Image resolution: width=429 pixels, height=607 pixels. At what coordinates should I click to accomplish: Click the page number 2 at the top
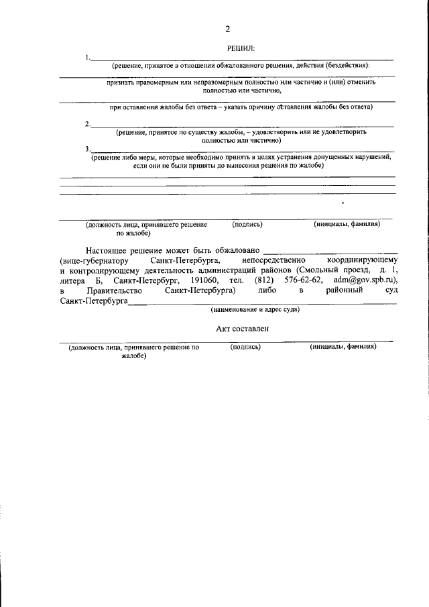tap(227, 29)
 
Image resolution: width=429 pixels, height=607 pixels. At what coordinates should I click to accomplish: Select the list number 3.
tap(88, 148)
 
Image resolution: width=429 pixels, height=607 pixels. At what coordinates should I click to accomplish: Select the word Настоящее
tap(111, 250)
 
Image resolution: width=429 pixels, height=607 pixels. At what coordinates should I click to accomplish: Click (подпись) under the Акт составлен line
tap(245, 347)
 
